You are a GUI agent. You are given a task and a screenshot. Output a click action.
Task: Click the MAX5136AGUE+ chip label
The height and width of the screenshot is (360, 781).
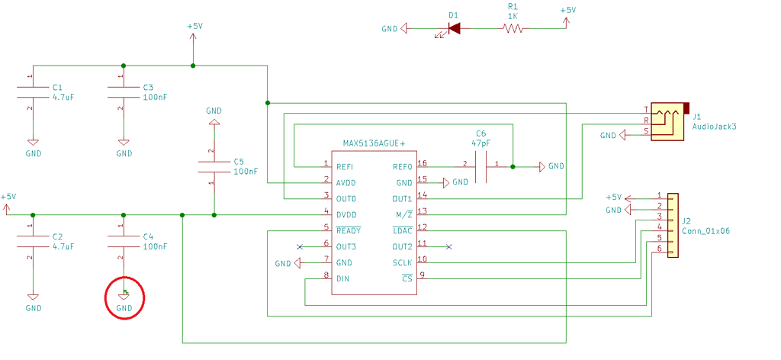(x=374, y=143)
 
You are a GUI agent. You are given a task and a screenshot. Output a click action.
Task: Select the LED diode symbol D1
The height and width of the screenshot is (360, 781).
(x=454, y=29)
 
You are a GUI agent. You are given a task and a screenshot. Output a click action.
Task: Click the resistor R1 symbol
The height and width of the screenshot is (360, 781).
(x=513, y=29)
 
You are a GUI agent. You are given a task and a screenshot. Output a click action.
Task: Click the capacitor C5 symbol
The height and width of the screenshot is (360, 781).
(x=214, y=166)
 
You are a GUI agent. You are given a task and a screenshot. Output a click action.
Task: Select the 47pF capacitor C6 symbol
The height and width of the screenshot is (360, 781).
(x=480, y=166)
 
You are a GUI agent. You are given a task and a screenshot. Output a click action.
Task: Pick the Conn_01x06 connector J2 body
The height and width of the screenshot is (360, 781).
(x=673, y=224)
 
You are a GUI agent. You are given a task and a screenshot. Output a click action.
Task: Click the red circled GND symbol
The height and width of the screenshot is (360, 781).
(x=124, y=297)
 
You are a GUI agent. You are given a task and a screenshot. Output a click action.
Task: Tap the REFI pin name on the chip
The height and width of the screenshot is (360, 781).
(x=345, y=166)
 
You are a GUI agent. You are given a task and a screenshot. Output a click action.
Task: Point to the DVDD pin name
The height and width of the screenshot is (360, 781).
(x=346, y=215)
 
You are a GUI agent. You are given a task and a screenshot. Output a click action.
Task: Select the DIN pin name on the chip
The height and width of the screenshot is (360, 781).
(x=342, y=279)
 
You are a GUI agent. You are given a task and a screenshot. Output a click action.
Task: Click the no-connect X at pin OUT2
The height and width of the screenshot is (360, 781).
(x=448, y=246)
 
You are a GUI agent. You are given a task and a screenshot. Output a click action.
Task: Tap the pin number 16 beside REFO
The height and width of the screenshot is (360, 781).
(x=423, y=163)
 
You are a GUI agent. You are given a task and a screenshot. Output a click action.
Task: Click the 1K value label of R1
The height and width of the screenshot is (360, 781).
(x=513, y=14)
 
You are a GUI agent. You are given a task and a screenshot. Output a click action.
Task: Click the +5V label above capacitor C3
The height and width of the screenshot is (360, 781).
(x=194, y=26)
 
